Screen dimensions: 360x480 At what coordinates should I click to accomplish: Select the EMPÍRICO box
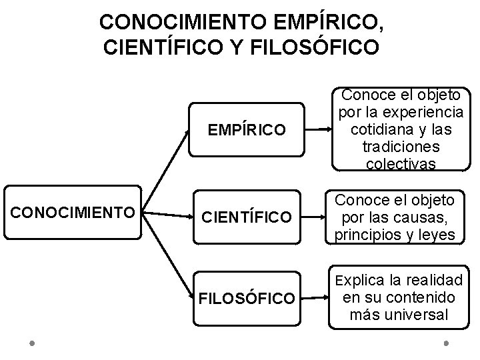(245, 128)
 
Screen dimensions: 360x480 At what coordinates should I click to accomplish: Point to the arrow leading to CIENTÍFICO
(171, 215)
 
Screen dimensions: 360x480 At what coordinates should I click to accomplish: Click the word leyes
(437, 234)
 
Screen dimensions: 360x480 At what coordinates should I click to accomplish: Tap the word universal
(423, 314)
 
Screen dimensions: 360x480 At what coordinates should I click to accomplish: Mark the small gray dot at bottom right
(445, 345)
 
